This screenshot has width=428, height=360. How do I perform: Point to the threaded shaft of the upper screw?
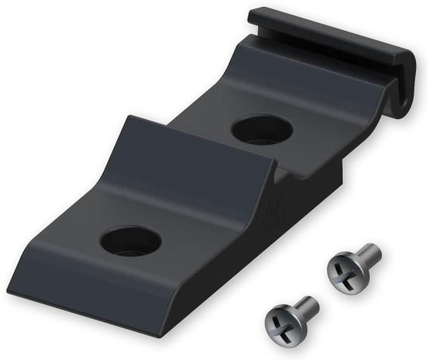[369, 254]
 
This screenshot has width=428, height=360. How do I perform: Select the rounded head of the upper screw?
[343, 272]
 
